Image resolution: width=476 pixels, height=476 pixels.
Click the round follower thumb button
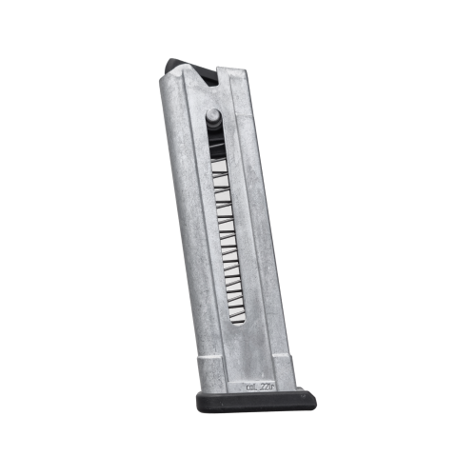(x=213, y=119)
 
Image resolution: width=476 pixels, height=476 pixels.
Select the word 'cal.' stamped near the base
(x=248, y=387)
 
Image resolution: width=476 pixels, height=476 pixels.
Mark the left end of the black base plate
(x=201, y=400)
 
